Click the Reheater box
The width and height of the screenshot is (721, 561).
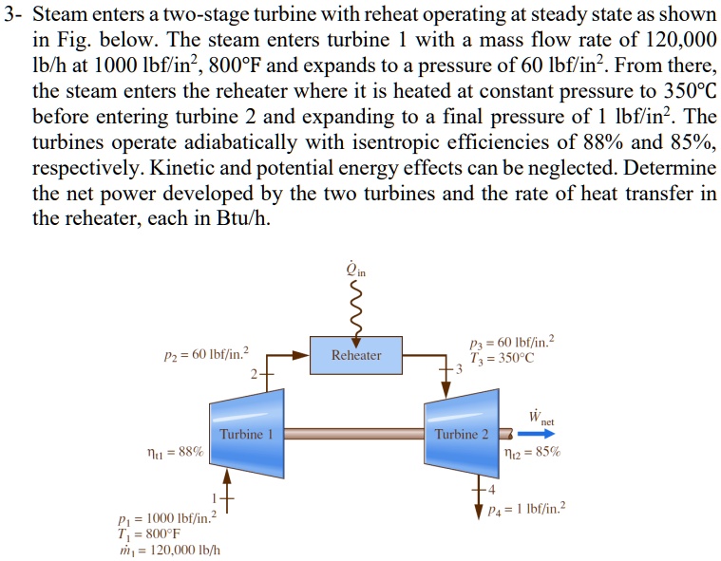pos(356,355)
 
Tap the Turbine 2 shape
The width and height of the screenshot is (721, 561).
pos(462,433)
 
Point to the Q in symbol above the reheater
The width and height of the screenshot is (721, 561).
pos(355,271)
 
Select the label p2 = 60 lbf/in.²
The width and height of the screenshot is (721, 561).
pos(207,354)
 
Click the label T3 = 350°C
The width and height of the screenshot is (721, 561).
pos(503,358)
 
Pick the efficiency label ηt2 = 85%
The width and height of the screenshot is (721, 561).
pos(536,453)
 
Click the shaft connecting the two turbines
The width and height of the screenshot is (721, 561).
pos(351,433)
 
